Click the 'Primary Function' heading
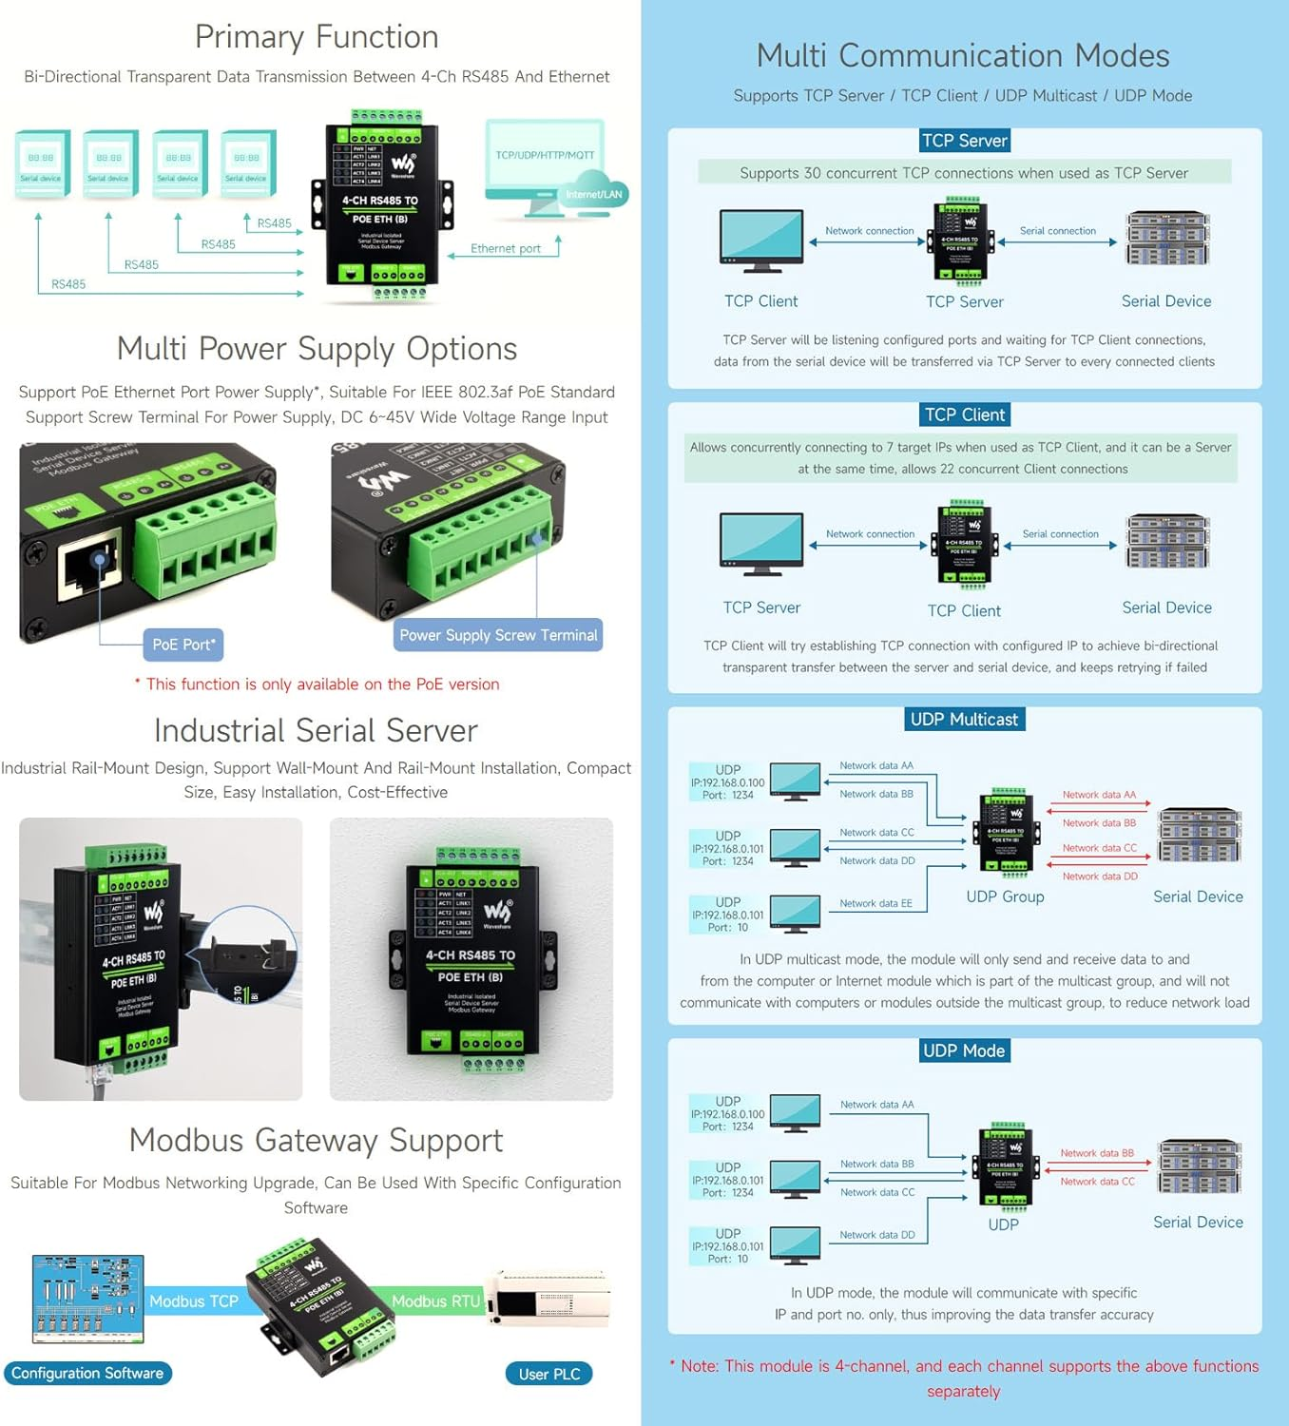click(317, 37)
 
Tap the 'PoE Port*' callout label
click(183, 645)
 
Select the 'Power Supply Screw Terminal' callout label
click(498, 635)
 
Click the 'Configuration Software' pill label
click(87, 1373)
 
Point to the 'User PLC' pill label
click(549, 1374)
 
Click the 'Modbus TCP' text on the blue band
click(194, 1301)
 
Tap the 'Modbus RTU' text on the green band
click(435, 1301)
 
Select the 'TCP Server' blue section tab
click(964, 141)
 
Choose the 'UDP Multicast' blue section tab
click(964, 720)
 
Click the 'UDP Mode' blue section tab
click(963, 1050)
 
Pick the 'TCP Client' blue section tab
click(964, 414)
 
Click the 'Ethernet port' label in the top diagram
click(506, 249)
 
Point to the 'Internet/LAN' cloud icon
click(594, 191)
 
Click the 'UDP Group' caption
click(1005, 896)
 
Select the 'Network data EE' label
click(875, 904)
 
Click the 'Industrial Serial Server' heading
click(316, 730)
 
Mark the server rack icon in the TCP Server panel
click(1167, 239)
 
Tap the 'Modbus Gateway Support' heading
click(316, 1140)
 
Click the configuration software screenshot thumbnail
click(88, 1299)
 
